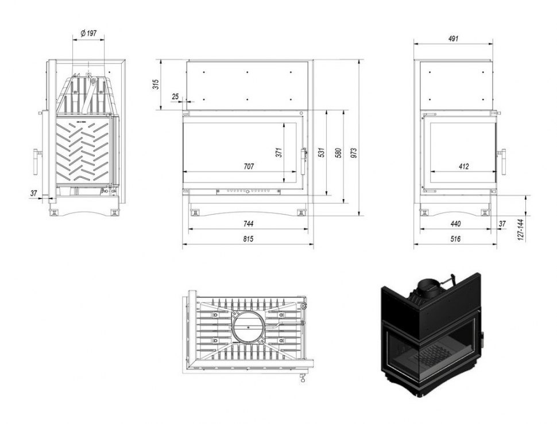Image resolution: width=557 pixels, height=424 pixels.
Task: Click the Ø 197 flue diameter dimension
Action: [x=89, y=33]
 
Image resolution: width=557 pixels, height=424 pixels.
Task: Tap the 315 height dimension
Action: [x=156, y=84]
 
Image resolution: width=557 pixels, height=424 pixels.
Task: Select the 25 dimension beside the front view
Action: [x=176, y=96]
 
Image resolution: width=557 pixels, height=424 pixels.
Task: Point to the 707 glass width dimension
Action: [x=249, y=166]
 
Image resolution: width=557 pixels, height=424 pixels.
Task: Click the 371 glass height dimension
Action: [x=279, y=153]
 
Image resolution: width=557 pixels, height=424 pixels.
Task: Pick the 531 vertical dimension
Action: [x=322, y=153]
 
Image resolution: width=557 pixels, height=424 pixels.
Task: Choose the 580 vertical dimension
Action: [x=339, y=153]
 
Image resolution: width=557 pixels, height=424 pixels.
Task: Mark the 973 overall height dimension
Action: [x=354, y=153]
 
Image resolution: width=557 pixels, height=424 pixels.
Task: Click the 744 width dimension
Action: [x=248, y=224]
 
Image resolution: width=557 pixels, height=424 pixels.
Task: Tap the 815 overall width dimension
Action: [x=248, y=239]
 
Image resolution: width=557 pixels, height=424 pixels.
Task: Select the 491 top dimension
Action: [x=453, y=38]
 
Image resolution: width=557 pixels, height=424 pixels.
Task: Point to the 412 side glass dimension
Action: [x=463, y=166]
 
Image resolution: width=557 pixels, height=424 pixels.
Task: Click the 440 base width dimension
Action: [x=455, y=224]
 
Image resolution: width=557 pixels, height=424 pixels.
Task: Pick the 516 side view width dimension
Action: [x=455, y=239]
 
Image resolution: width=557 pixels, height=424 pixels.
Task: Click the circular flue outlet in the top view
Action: [x=248, y=327]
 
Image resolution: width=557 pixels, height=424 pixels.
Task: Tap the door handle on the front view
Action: [x=304, y=161]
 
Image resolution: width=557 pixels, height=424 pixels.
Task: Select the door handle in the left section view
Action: [x=36, y=161]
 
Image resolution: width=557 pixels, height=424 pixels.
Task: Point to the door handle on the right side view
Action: [x=502, y=161]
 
